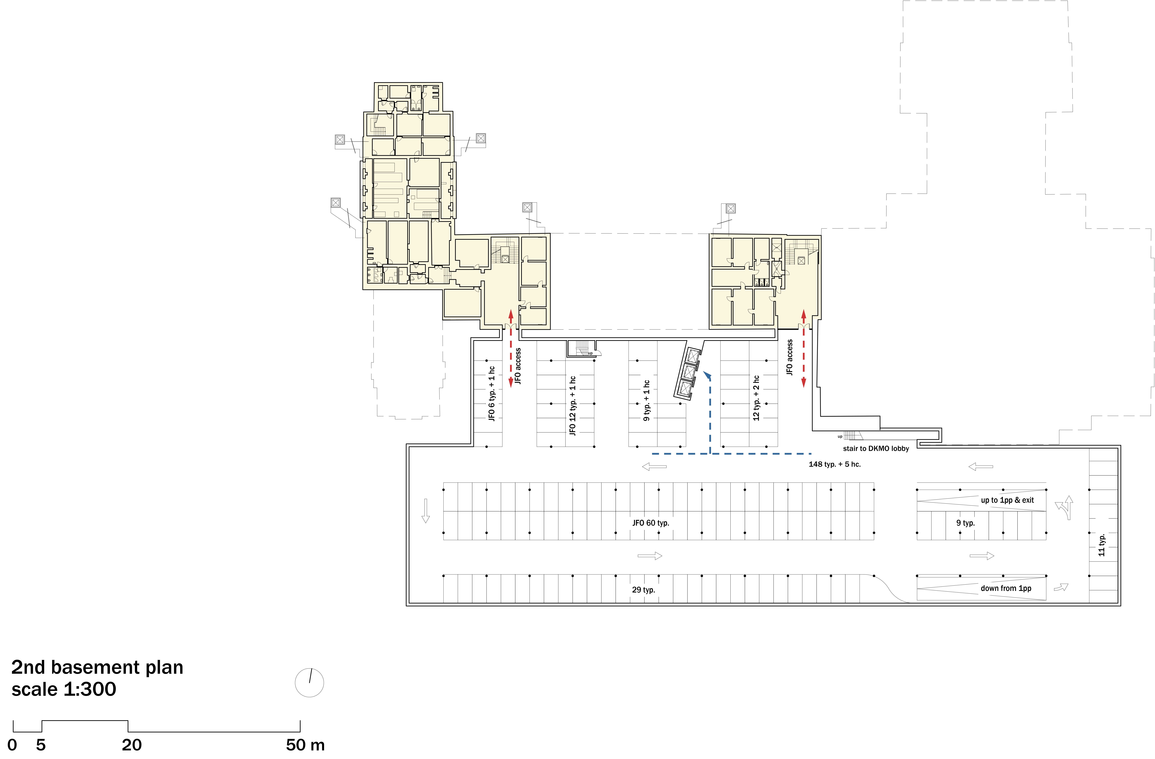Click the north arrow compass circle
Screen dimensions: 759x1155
(309, 683)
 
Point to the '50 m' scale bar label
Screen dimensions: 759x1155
(305, 745)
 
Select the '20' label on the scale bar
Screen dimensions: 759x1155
(132, 745)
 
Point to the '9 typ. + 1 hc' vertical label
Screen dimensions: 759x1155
(646, 400)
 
